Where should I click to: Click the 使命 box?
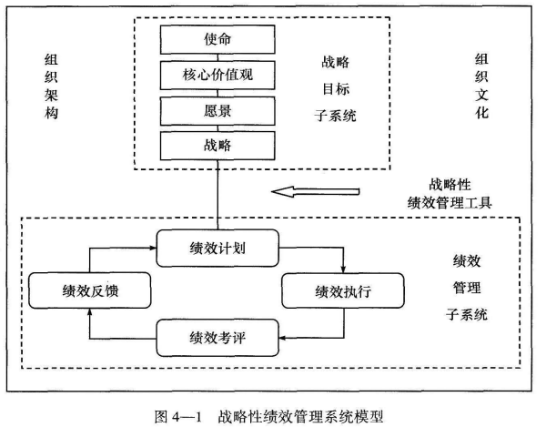click(217, 39)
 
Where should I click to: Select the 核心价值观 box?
click(217, 74)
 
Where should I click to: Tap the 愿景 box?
click(217, 109)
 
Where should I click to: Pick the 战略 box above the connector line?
click(217, 144)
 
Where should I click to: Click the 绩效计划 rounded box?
click(217, 248)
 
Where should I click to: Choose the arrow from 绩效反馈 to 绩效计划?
click(100, 247)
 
